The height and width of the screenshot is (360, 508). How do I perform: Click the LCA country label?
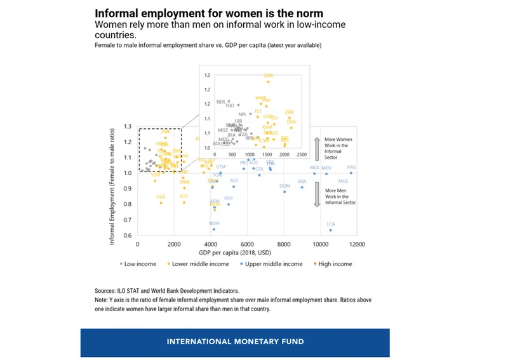click(331, 224)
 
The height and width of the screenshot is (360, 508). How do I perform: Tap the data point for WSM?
click(214, 229)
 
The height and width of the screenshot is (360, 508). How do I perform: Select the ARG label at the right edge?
click(351, 167)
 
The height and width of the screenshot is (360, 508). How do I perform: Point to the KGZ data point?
click(161, 203)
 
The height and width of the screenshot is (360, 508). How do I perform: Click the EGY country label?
click(184, 196)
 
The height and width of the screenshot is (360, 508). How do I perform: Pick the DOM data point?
click(284, 192)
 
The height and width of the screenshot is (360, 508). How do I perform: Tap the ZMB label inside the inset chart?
click(268, 76)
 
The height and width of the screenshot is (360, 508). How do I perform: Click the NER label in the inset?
click(221, 102)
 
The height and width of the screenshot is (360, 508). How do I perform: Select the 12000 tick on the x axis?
click(356, 244)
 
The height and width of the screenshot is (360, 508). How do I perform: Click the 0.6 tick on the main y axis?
click(128, 236)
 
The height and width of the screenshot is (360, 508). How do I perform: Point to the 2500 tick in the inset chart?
click(302, 154)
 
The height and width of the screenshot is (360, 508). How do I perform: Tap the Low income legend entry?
click(140, 263)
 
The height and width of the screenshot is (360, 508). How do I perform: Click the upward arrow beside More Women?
click(317, 144)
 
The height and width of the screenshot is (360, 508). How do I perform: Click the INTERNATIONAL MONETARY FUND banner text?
click(235, 342)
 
